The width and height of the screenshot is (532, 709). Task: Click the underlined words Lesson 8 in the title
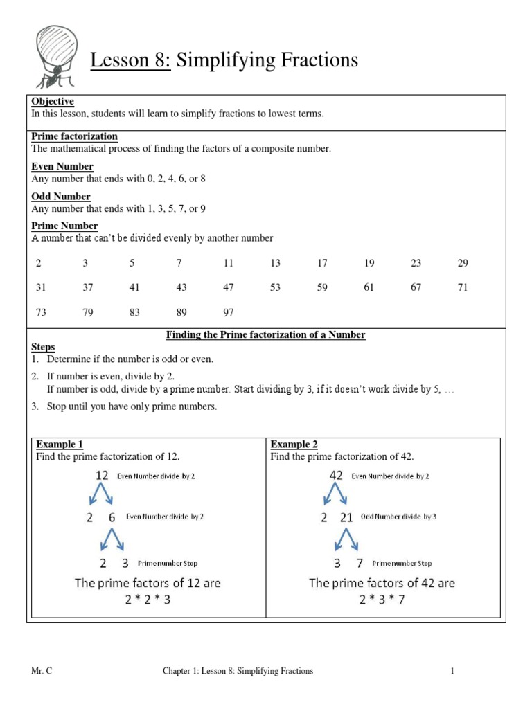130,61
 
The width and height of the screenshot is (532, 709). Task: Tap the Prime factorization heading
75,136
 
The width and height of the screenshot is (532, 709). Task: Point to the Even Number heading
62,167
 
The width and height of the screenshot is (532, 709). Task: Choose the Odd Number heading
61,197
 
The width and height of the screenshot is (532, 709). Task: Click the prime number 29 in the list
463,263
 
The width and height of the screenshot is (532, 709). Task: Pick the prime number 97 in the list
229,312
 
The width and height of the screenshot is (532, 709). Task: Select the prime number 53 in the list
276,287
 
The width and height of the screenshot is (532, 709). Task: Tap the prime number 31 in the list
40,287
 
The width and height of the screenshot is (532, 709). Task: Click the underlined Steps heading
43,346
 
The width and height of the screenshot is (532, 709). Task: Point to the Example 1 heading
60,445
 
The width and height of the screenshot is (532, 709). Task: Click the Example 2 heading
294,445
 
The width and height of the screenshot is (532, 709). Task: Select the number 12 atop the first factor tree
102,476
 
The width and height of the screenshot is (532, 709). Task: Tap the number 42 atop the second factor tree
336,476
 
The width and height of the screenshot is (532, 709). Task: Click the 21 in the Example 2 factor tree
347,517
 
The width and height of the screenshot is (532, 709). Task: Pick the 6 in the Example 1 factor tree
112,517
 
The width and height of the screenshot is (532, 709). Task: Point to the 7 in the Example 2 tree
360,563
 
